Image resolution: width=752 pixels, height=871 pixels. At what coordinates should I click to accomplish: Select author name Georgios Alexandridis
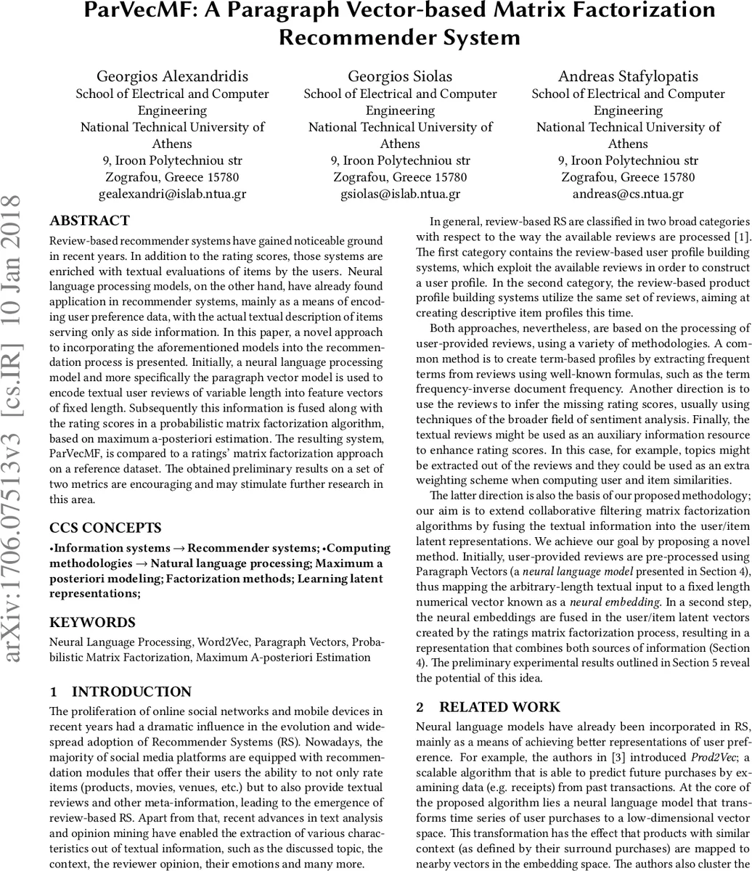pyautogui.click(x=172, y=76)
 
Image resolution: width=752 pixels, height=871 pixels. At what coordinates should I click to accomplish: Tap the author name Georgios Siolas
pyautogui.click(x=400, y=76)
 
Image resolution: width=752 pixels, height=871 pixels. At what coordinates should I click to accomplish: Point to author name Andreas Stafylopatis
pyautogui.click(x=628, y=76)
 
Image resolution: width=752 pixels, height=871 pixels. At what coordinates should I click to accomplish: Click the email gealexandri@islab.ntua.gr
pyautogui.click(x=172, y=194)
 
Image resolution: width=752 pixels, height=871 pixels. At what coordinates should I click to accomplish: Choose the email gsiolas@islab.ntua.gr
pyautogui.click(x=400, y=194)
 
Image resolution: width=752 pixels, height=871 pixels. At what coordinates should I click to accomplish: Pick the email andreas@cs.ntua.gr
pyautogui.click(x=628, y=194)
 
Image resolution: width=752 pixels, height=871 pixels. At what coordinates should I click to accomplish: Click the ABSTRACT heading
pyautogui.click(x=89, y=221)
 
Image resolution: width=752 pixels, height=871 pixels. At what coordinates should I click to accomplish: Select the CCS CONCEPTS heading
pyautogui.click(x=105, y=528)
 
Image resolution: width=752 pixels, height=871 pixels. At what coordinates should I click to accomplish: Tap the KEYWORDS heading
pyautogui.click(x=92, y=622)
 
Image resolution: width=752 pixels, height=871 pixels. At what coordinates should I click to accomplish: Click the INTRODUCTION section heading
pyautogui.click(x=131, y=692)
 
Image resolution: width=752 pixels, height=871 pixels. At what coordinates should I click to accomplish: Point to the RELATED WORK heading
pyautogui.click(x=499, y=707)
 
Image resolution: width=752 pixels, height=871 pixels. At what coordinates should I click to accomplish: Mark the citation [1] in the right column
pyautogui.click(x=742, y=237)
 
